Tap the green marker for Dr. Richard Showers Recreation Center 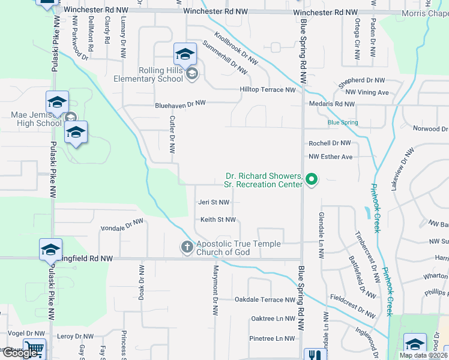[x=312, y=179]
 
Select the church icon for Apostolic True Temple [x=187, y=247]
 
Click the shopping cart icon [x=35, y=349]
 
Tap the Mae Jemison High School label [x=36, y=119]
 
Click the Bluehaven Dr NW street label [x=180, y=103]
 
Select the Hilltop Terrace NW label [x=268, y=90]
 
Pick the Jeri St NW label [x=214, y=203]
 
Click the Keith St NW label [x=218, y=220]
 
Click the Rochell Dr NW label [x=330, y=143]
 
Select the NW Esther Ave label [x=331, y=157]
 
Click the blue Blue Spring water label [x=343, y=123]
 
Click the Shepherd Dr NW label [x=360, y=80]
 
